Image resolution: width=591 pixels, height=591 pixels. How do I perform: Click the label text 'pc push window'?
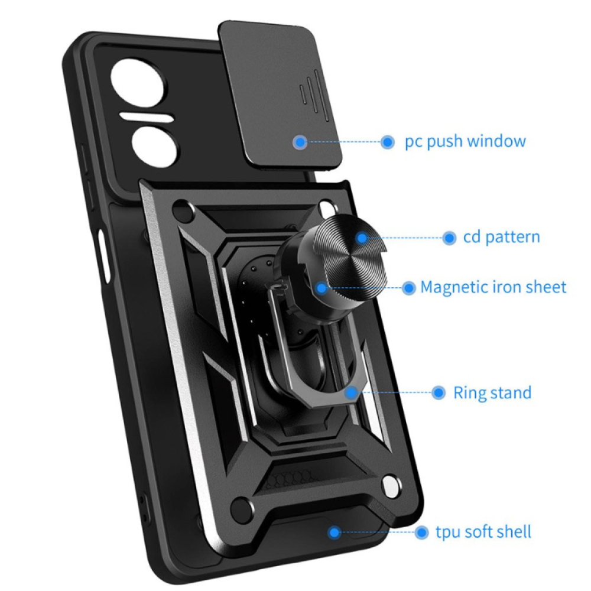465,142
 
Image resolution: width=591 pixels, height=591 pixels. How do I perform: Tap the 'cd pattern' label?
501,238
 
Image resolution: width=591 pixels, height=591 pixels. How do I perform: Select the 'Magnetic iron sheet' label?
493,288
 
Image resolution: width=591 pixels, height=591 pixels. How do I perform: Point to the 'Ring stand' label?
492,392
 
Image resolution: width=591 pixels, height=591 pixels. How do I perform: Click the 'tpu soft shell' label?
483,531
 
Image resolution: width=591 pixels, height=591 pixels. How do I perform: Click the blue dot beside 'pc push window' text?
388,142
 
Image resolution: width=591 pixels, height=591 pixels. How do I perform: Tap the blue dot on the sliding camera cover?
300,142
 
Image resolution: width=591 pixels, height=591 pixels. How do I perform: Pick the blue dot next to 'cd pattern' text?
450,238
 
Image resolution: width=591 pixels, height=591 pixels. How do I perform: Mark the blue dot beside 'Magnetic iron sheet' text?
408,288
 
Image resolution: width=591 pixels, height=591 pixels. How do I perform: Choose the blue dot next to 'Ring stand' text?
438,392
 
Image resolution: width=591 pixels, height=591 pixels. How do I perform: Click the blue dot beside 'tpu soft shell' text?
421,532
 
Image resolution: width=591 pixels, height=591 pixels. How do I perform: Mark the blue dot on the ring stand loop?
352,392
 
